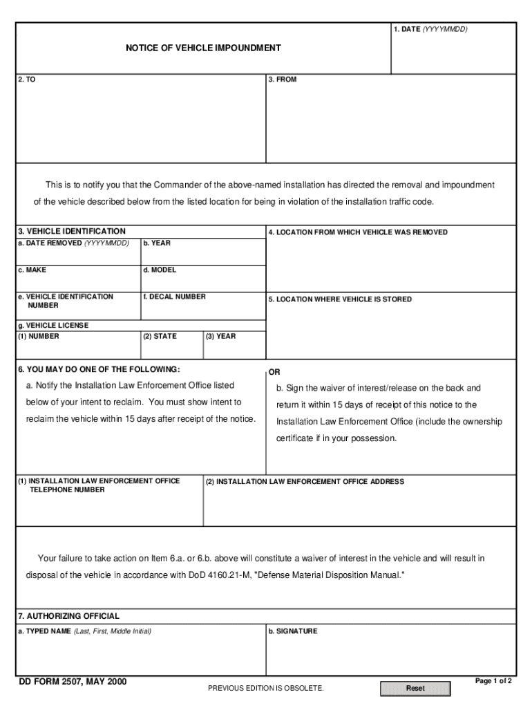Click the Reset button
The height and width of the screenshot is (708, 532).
[x=415, y=689]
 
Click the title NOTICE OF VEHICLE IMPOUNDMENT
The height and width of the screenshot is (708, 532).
[x=203, y=48]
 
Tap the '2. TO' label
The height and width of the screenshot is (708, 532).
[x=27, y=80]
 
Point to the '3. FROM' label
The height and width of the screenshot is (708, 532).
[x=283, y=80]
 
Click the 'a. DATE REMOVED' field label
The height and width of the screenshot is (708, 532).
[x=74, y=243]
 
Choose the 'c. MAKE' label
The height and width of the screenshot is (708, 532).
[x=32, y=270]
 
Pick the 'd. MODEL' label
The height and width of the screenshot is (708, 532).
[x=160, y=270]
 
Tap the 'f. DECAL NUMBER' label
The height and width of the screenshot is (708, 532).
[x=174, y=297]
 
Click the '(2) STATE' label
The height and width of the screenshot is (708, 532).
[x=160, y=337]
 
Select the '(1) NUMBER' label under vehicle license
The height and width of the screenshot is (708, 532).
[x=39, y=337]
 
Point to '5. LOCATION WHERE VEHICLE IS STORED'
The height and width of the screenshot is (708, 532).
[x=340, y=299]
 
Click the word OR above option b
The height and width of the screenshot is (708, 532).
[x=274, y=372]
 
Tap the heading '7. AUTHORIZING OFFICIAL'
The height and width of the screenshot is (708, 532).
[x=68, y=616]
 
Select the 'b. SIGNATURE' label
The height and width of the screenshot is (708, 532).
[x=293, y=631]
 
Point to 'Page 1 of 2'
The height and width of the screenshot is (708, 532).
[x=493, y=681]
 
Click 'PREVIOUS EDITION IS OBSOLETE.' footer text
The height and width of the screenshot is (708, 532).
[x=265, y=689]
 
